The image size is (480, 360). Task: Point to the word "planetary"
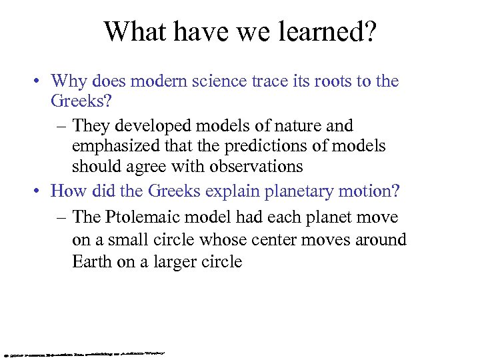[x=299, y=192]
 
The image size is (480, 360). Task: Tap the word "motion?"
[x=369, y=191]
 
